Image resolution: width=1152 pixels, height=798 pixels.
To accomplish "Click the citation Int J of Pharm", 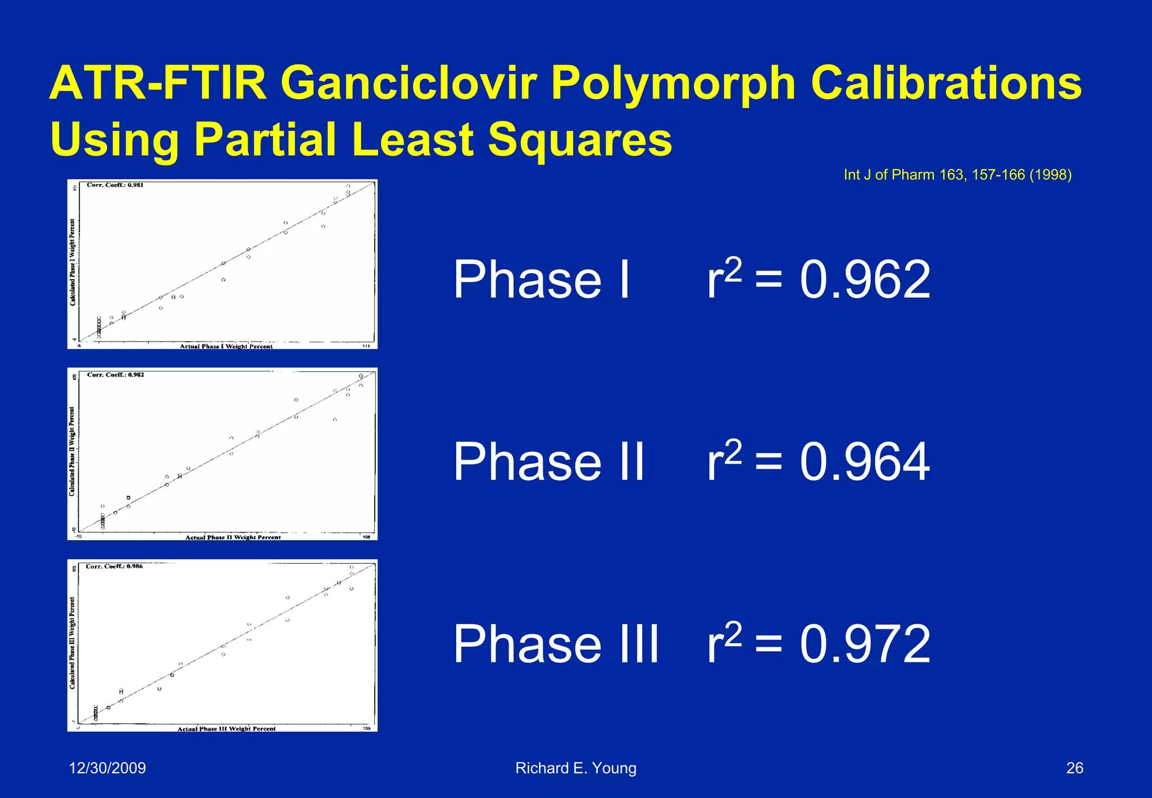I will (957, 175).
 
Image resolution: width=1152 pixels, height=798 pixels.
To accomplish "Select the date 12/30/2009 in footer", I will (107, 768).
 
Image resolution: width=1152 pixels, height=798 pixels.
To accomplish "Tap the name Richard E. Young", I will (575, 768).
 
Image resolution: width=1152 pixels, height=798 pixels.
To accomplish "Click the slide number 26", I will (1074, 768).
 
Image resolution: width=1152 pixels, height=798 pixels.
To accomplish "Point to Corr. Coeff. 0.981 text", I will (115, 185).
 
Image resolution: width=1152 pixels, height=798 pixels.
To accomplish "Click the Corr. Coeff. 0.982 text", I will (115, 375).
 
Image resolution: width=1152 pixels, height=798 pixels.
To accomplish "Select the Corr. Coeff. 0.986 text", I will (114, 566).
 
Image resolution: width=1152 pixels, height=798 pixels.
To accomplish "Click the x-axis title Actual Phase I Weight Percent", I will (226, 347).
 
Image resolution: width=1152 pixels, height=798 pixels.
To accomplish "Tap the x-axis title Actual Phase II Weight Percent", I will (233, 537).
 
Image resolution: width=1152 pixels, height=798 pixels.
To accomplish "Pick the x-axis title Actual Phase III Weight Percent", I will (227, 729).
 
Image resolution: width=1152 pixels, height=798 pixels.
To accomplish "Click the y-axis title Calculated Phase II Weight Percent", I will (72, 451).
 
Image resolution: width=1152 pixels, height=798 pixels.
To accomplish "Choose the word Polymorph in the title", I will (673, 83).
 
